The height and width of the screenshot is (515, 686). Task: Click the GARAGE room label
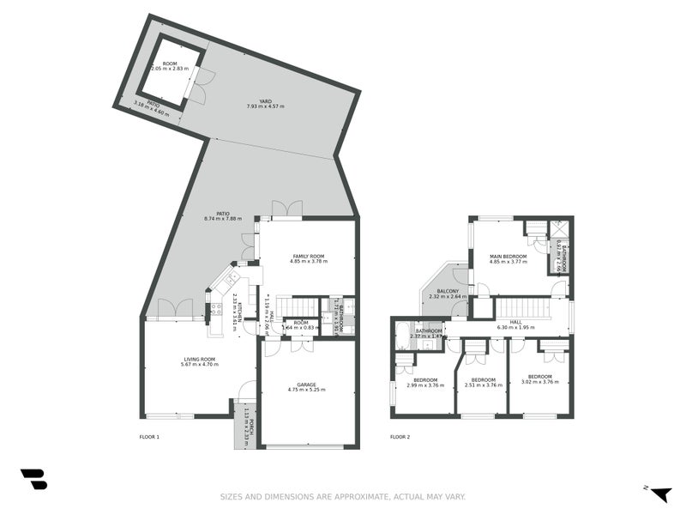[x=307, y=385]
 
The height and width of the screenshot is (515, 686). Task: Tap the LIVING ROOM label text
[x=198, y=359]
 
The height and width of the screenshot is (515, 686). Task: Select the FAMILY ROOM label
[x=308, y=257]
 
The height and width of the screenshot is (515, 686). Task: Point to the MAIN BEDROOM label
[x=508, y=256]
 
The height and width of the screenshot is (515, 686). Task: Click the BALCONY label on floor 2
[x=448, y=291]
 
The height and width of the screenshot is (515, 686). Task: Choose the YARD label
[x=265, y=101]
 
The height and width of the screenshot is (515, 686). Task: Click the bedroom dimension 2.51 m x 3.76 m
[x=483, y=385]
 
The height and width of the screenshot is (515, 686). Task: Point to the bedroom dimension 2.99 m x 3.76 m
[x=425, y=385]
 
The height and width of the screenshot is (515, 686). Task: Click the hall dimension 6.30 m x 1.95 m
[x=515, y=326]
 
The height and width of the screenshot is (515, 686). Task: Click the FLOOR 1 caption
[x=149, y=437]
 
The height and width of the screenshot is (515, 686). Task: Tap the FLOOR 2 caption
[x=400, y=437]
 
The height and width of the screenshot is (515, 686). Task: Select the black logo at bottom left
[x=33, y=479]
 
